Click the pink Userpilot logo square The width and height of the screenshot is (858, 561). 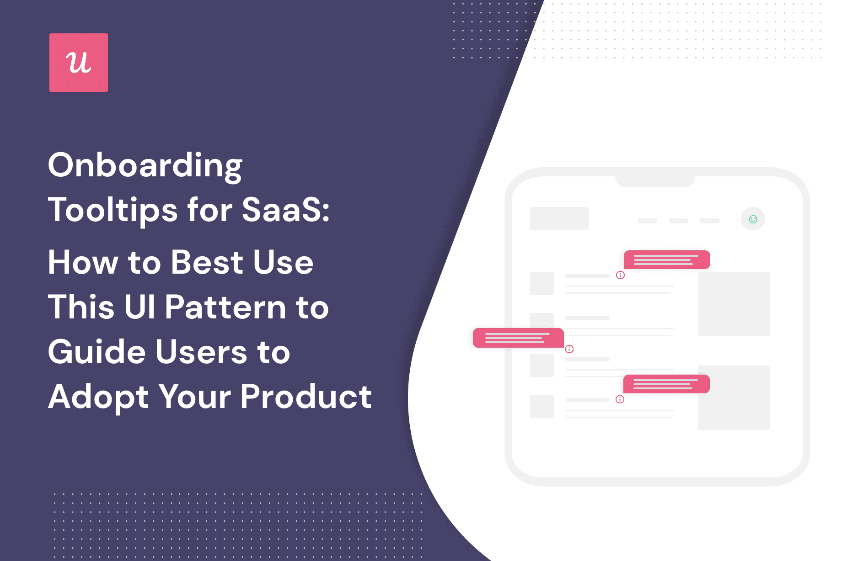coord(79,63)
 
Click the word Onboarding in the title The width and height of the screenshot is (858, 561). coord(145,165)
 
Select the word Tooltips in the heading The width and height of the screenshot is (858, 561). coord(113,210)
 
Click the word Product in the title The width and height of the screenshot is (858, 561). coord(306,397)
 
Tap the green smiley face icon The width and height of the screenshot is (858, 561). coord(753,219)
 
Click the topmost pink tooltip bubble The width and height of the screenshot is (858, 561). coord(667,260)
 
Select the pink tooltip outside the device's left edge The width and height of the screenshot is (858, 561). coord(518,338)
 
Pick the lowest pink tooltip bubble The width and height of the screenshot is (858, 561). coord(666,384)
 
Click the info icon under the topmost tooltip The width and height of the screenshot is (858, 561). coord(620,275)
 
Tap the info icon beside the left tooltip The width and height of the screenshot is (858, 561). coord(569,349)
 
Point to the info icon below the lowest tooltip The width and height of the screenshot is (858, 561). coord(620,399)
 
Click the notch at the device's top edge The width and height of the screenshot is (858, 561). coord(655,181)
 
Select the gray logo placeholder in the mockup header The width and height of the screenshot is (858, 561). coord(559,218)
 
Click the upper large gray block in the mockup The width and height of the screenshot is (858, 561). coord(734,304)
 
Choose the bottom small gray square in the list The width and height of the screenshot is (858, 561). coord(542,407)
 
